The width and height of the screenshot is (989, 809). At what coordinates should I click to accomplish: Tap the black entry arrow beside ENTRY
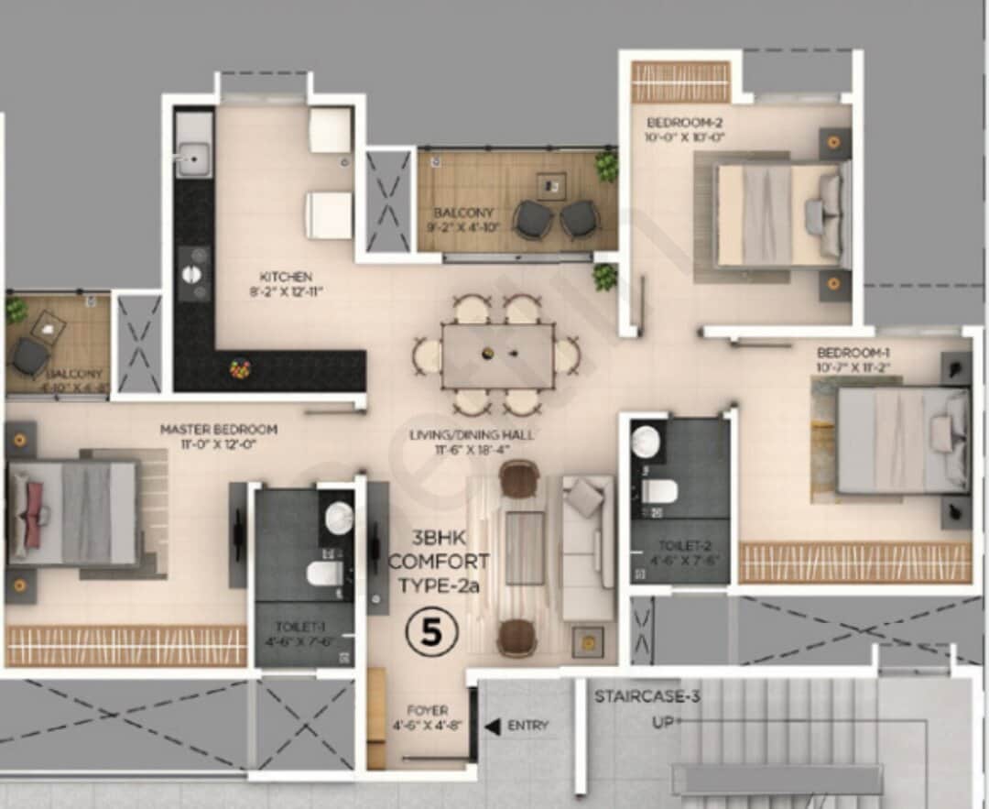click(x=492, y=727)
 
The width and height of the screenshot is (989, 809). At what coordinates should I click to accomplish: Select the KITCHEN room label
click(x=286, y=277)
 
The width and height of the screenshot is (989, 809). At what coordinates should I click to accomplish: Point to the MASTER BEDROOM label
click(x=219, y=429)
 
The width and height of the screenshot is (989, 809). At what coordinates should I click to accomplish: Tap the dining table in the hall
click(x=497, y=355)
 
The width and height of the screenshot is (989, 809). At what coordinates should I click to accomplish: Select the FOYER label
click(x=428, y=710)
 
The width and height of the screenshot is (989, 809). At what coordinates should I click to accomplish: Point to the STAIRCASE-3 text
click(x=647, y=696)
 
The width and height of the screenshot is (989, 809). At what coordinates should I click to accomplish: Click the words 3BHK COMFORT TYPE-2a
click(x=439, y=561)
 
